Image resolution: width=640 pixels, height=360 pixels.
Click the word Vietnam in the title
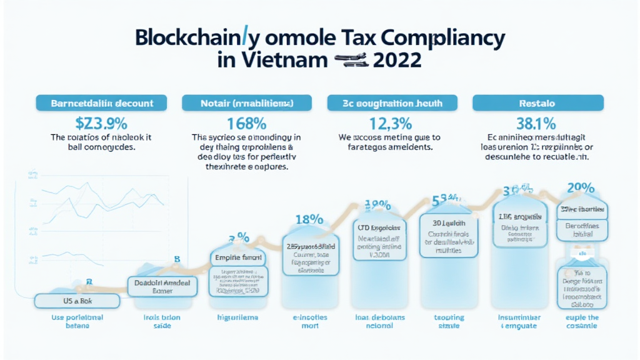(x=275, y=61)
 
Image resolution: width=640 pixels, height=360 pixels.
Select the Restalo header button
(x=537, y=102)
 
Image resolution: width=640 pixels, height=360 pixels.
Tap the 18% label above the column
(x=309, y=219)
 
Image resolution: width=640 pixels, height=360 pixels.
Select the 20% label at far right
(x=580, y=187)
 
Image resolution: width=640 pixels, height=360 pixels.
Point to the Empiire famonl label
(x=237, y=257)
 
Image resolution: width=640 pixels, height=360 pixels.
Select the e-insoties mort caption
(x=306, y=322)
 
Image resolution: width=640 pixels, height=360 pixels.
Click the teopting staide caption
(x=449, y=322)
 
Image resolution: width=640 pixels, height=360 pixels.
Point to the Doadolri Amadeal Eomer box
(x=162, y=286)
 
